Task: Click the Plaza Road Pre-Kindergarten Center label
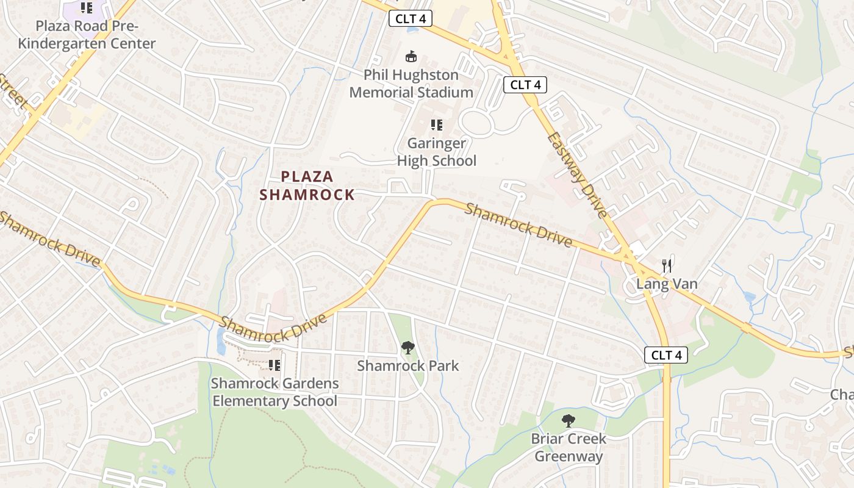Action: [87, 35]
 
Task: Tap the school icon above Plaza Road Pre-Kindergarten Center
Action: [87, 8]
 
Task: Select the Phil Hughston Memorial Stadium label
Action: [411, 84]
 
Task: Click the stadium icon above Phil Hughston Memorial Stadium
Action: [412, 57]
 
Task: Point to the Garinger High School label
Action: [436, 152]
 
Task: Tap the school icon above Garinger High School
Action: [436, 125]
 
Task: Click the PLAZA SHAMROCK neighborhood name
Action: [307, 185]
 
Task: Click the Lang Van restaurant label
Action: [667, 284]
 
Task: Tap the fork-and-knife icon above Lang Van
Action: [667, 265]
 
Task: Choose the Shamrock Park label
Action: [407, 365]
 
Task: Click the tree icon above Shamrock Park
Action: [407, 348]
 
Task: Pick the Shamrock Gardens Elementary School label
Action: [274, 392]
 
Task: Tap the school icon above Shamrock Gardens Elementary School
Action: [274, 365]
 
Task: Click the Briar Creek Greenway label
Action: [569, 447]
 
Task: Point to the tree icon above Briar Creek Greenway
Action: [569, 420]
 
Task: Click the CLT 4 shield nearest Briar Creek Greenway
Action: [666, 355]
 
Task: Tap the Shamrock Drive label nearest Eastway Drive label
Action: [518, 225]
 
